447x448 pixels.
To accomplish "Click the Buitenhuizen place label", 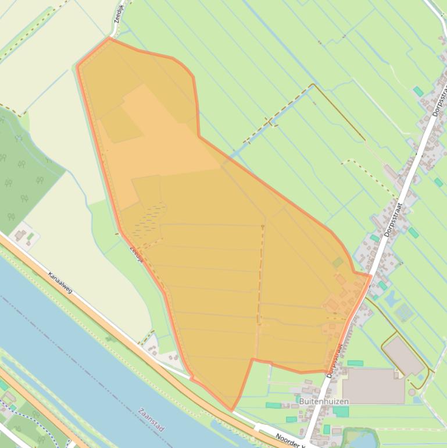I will click(x=324, y=401).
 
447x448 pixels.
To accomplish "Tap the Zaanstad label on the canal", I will click(x=151, y=419).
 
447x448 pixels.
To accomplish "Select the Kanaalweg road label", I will click(x=60, y=282).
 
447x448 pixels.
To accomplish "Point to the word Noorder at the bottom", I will click(x=287, y=438).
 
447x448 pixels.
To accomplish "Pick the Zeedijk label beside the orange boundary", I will click(x=136, y=253).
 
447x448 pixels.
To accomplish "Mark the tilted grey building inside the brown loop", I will click(x=404, y=355).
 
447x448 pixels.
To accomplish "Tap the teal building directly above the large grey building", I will click(x=355, y=363).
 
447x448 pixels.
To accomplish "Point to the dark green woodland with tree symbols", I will click(x=23, y=169).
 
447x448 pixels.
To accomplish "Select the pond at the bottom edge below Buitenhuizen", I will click(x=356, y=438).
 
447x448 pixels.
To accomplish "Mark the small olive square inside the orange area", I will click(x=338, y=263).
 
